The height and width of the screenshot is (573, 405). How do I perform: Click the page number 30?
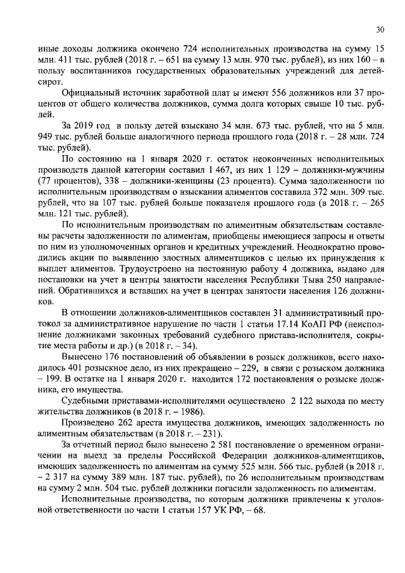380,29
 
